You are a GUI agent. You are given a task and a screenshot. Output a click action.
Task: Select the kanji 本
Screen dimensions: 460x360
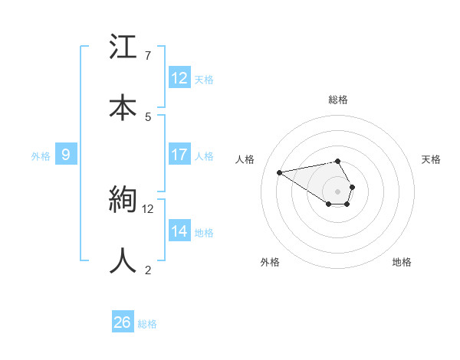123,106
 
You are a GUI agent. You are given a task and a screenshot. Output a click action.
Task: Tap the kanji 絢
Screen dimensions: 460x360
123,198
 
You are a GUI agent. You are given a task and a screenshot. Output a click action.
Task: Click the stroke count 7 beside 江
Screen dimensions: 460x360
148,56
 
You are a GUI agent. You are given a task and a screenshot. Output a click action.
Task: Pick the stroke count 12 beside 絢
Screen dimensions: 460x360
148,208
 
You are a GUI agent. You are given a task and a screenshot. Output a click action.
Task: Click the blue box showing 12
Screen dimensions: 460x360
179,78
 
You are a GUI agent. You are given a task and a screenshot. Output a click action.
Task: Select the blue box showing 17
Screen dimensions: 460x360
179,155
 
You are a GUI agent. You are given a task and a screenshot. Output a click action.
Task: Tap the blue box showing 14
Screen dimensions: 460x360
179,231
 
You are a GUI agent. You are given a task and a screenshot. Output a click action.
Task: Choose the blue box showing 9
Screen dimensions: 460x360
66,155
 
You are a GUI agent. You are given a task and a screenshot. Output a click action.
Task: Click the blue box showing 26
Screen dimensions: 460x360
123,322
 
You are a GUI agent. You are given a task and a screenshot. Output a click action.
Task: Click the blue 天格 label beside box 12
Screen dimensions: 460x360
204,80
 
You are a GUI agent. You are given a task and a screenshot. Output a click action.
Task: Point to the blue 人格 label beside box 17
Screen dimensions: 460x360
204,156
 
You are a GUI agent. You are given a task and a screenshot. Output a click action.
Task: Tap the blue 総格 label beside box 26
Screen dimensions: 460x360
147,324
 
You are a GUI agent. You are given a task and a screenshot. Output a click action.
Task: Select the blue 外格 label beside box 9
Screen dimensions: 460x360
41,156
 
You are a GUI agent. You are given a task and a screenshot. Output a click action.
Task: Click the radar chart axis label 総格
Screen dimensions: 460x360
338,100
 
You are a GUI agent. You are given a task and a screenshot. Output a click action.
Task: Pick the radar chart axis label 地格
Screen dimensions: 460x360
402,263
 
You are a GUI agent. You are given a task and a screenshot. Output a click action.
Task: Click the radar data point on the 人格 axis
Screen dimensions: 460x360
280,172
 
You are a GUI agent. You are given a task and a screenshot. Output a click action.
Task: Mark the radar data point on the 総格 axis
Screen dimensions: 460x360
338,161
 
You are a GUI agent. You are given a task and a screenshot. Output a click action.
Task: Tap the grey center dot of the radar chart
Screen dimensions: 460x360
338,191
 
